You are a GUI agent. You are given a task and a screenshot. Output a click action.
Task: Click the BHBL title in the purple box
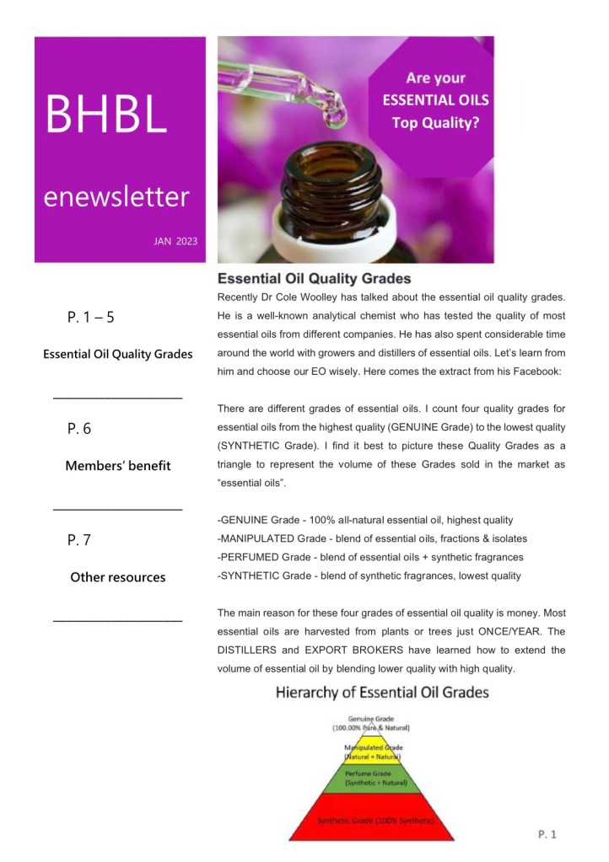pyautogui.click(x=106, y=115)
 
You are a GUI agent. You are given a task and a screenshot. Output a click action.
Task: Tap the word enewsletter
pyautogui.click(x=116, y=197)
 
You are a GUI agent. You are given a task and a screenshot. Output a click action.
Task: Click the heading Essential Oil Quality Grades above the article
pyautogui.click(x=315, y=277)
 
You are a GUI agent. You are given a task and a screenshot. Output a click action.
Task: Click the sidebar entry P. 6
pyautogui.click(x=79, y=429)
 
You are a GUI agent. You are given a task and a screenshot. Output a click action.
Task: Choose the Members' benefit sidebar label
pyautogui.click(x=118, y=466)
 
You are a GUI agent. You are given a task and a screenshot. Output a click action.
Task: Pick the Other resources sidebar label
pyautogui.click(x=118, y=577)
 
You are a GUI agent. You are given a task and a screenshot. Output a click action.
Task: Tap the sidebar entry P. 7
pyautogui.click(x=78, y=540)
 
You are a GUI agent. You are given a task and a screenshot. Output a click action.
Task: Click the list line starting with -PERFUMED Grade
pyautogui.click(x=370, y=557)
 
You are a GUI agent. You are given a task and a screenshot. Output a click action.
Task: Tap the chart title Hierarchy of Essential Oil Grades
pyautogui.click(x=383, y=693)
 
